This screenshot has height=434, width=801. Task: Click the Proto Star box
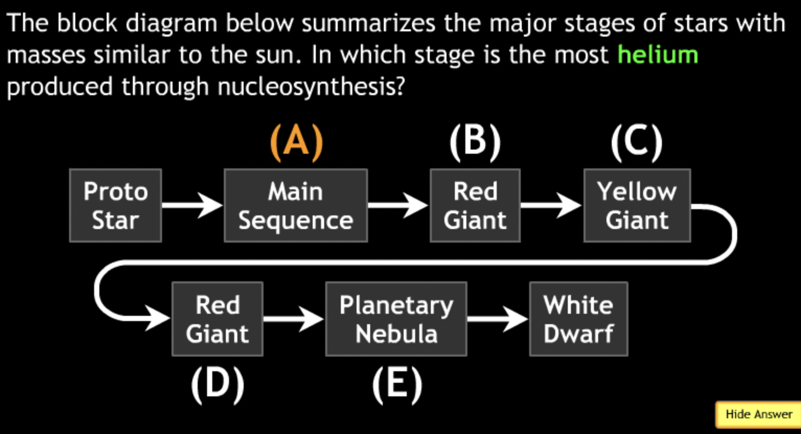pos(116,205)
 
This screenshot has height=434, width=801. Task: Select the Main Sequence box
pos(295,205)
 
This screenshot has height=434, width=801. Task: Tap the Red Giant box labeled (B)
pos(475,205)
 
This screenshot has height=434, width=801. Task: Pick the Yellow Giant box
pos(637,205)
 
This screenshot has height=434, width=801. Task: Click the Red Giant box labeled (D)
pos(217,319)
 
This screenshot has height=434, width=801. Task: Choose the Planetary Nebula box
pos(396,319)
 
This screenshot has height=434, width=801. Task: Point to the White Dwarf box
pos(578,319)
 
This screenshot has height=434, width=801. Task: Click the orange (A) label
pos(296,142)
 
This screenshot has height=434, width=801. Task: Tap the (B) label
pos(475,142)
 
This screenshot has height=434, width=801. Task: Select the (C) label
pos(636,142)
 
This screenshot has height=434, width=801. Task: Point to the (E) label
pos(397,385)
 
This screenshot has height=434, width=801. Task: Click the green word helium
pos(658,55)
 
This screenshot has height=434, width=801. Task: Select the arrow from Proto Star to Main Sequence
pos(192,205)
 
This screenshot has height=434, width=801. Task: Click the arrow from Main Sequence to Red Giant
pos(398,205)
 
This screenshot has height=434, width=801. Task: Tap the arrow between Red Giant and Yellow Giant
pos(551,205)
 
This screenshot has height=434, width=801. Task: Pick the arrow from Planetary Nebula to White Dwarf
pos(497,318)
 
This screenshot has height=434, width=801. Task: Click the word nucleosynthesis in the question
pos(311,87)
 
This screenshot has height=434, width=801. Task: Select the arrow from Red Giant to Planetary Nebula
pos(293,318)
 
